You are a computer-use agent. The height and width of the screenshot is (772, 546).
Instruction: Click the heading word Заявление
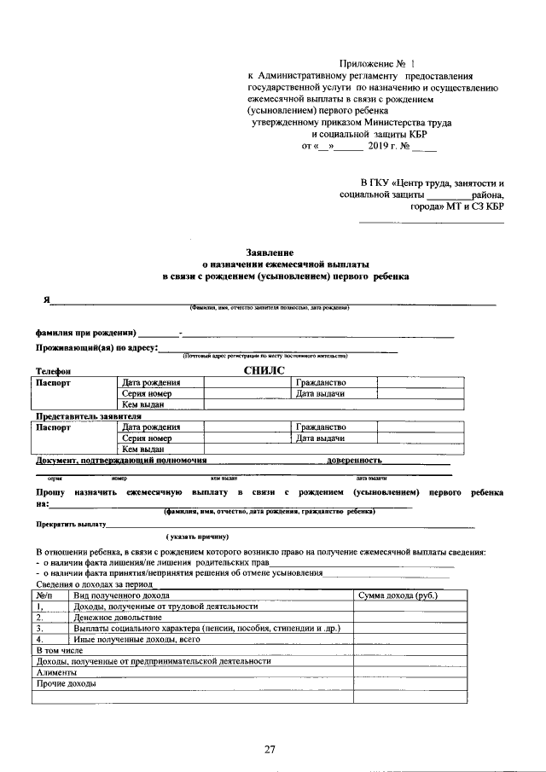(270, 253)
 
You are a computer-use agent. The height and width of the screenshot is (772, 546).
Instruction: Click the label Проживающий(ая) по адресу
(94, 348)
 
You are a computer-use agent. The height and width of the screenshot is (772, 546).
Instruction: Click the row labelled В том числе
(59, 650)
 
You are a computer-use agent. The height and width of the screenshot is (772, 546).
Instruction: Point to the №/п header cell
(46, 595)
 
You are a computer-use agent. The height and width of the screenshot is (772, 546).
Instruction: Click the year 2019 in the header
(379, 146)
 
